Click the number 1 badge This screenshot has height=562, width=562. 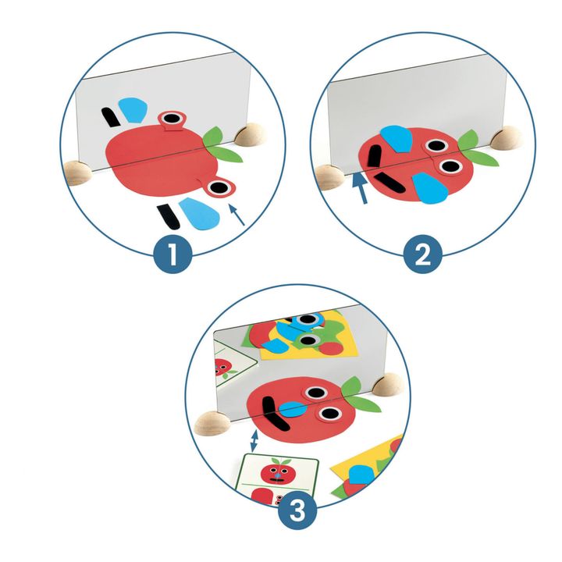pos(173,254)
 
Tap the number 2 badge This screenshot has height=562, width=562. pos(423,254)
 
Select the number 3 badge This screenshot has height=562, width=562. pos(298,510)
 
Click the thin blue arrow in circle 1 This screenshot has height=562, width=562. pos(237,215)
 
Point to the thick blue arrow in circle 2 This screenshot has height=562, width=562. pos(360,188)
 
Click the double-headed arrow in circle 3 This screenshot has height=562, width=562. pos(254,440)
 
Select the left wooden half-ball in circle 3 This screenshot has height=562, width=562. pos(212,424)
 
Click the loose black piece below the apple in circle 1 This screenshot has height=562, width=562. pos(167,217)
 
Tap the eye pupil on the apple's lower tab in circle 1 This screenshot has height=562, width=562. pos(219,187)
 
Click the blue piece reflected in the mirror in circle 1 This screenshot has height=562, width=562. pos(133,109)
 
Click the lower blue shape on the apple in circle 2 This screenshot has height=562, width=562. pos(429,189)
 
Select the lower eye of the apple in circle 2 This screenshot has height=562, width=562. pos(450,166)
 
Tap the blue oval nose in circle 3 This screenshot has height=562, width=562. pos(293,410)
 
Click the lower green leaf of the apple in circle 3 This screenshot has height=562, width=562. pos(365,404)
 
